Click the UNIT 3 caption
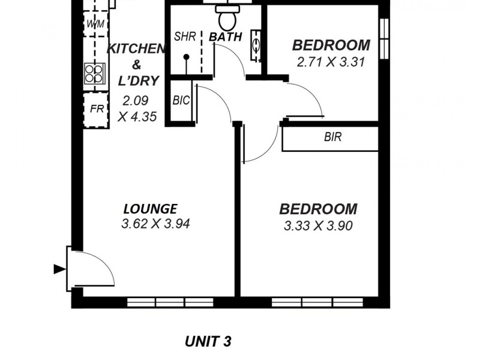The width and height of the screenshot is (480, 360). click(208, 342)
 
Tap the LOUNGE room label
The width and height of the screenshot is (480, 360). click(150, 209)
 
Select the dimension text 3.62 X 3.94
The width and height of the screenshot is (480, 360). click(156, 225)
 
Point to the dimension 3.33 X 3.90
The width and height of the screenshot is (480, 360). click(318, 226)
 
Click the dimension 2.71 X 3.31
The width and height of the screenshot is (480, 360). click(331, 61)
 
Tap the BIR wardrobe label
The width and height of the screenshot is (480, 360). click(332, 137)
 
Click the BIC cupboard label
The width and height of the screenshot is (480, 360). click(181, 101)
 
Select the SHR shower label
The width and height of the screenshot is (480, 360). click(185, 37)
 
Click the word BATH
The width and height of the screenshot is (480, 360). click(226, 37)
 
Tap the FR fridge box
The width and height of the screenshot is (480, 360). click(96, 109)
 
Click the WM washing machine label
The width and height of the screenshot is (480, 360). click(95, 24)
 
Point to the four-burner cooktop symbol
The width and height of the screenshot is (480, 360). click(95, 74)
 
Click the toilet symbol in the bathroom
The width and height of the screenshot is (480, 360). click(227, 18)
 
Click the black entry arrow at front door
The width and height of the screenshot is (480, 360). click(59, 269)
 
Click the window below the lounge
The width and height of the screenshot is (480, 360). click(170, 302)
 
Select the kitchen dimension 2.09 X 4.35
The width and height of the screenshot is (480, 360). click(137, 109)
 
